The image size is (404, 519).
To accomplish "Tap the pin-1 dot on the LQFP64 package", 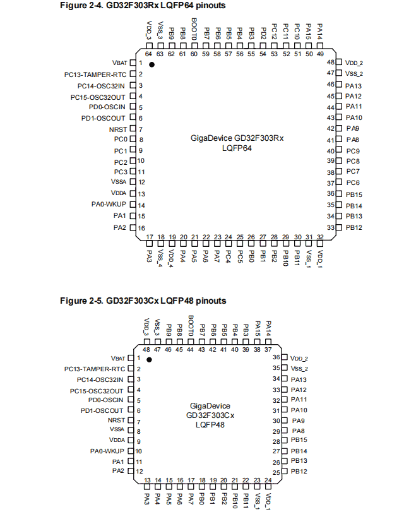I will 151,64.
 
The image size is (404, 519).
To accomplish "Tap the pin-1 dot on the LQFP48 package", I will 150,359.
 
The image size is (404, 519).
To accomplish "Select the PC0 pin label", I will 121,139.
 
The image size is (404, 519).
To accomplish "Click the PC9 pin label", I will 353,151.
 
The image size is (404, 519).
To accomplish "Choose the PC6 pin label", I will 353,182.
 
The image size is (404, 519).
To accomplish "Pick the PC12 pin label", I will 274,32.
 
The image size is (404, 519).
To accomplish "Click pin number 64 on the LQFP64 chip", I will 149,54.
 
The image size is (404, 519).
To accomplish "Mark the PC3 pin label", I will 121,172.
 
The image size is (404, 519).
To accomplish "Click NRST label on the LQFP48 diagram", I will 116,420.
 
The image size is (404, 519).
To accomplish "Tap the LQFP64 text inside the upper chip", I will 237,148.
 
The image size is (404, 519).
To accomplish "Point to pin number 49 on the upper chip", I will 320,54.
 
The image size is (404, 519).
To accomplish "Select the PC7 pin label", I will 353,172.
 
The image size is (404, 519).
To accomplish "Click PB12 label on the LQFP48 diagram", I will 299,471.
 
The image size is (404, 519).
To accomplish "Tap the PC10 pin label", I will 297,32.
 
